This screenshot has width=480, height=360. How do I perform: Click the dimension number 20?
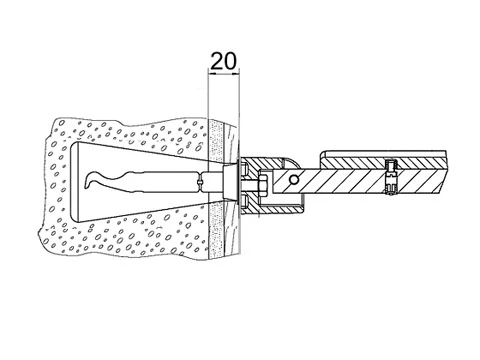(x=224, y=61)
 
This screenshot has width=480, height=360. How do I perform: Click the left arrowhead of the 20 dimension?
(x=211, y=73)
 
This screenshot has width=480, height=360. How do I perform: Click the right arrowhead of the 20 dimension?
(x=236, y=73)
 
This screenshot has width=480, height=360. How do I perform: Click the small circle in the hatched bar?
(x=294, y=180)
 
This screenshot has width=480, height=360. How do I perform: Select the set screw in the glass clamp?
(x=390, y=177)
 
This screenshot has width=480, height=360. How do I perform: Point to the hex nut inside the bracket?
(x=262, y=186)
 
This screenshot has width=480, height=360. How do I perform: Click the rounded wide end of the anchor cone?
(x=75, y=182)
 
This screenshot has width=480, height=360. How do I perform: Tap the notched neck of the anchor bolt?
(x=199, y=182)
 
